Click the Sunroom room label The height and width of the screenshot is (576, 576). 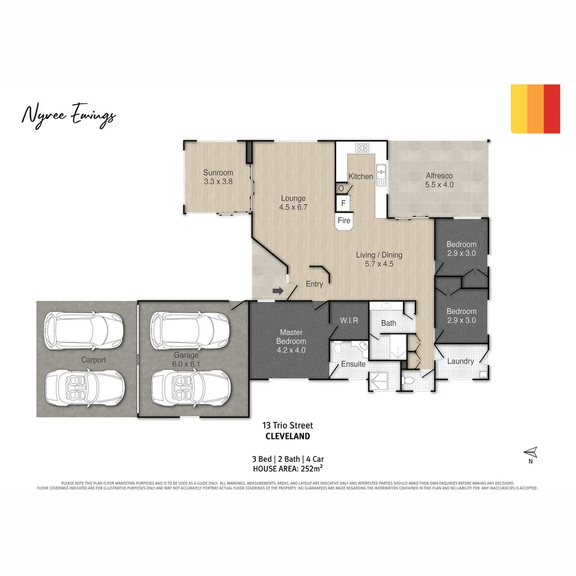(x=218, y=172)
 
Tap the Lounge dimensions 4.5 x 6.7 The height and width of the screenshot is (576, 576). (x=293, y=207)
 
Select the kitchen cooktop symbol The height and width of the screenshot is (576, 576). (x=363, y=148)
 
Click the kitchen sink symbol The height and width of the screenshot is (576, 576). (x=381, y=172)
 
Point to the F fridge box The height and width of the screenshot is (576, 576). (x=343, y=203)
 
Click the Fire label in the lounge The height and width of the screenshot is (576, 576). (x=344, y=220)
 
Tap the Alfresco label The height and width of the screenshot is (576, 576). (x=439, y=175)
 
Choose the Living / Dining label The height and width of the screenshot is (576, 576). (x=379, y=254)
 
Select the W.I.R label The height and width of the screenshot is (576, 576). (x=349, y=321)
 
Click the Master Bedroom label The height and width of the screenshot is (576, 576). (x=291, y=337)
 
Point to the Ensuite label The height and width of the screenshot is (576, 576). (x=353, y=364)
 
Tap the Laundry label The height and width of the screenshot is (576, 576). (x=460, y=361)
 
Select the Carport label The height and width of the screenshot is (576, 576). (x=93, y=359)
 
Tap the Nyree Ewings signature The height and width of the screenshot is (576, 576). (x=68, y=115)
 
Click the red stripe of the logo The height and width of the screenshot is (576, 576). (x=552, y=109)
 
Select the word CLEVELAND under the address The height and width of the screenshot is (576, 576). (x=287, y=436)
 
